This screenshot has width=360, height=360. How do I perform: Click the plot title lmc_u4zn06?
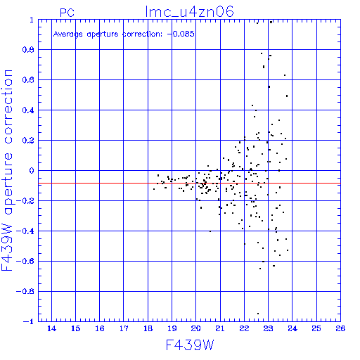[x=189, y=12]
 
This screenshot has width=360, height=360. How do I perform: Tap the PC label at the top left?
[x=67, y=13]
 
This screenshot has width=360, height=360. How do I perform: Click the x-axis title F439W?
[x=190, y=345]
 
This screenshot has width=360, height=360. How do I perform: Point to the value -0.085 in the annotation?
[x=181, y=34]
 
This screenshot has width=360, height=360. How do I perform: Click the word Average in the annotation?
[x=68, y=34]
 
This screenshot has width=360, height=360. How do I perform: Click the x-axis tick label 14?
[x=51, y=328]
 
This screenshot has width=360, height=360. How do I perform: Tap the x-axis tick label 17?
[x=124, y=328]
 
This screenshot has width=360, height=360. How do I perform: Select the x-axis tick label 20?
[x=196, y=328]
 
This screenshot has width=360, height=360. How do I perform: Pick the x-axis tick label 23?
[x=268, y=328]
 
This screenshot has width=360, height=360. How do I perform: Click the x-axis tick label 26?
[x=340, y=328]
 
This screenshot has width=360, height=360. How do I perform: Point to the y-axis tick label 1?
[x=32, y=20]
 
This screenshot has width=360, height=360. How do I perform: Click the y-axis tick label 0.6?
[x=28, y=80]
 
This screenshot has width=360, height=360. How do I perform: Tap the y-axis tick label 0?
[x=32, y=171]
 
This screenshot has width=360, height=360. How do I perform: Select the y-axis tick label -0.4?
[x=25, y=231]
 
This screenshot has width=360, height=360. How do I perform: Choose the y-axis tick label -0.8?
[x=25, y=292]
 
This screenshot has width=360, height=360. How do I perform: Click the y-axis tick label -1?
[x=28, y=321]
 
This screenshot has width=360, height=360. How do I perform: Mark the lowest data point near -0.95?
[x=258, y=314]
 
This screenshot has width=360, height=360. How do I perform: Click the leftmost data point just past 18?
[x=154, y=189]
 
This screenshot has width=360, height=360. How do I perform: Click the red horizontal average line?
[x=189, y=184]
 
